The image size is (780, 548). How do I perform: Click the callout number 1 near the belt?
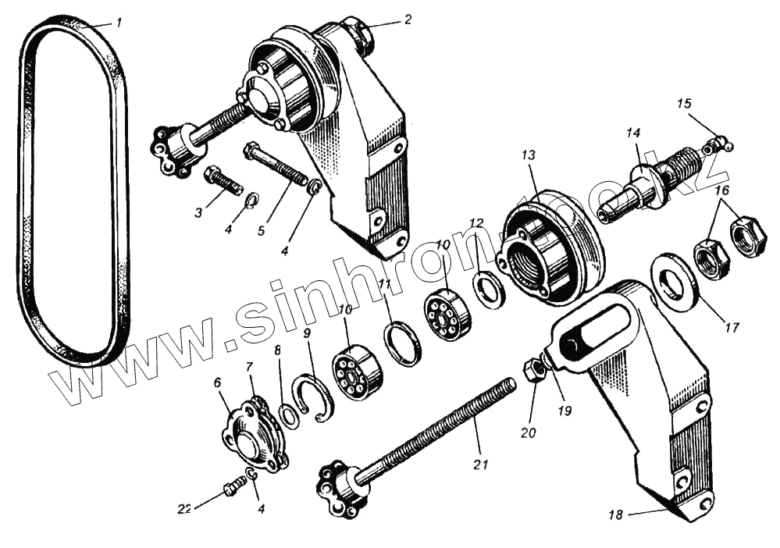119,23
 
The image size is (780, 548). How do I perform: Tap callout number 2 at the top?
407,20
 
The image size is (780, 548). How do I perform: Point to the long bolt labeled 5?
276,166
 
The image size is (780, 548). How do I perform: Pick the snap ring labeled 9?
313,397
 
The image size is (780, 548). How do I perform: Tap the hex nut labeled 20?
534,370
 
